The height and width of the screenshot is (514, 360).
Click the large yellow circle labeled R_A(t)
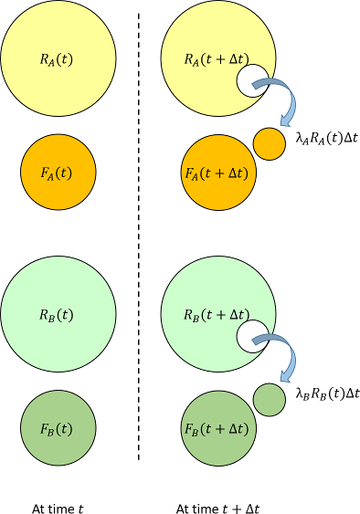point(58,60)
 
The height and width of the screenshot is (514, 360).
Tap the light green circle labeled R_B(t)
point(58,315)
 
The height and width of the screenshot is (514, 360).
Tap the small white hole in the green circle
point(252,335)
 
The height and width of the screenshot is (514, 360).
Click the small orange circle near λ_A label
point(269,143)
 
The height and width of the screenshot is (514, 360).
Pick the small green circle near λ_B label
point(269,400)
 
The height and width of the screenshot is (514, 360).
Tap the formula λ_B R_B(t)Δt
point(326,394)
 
